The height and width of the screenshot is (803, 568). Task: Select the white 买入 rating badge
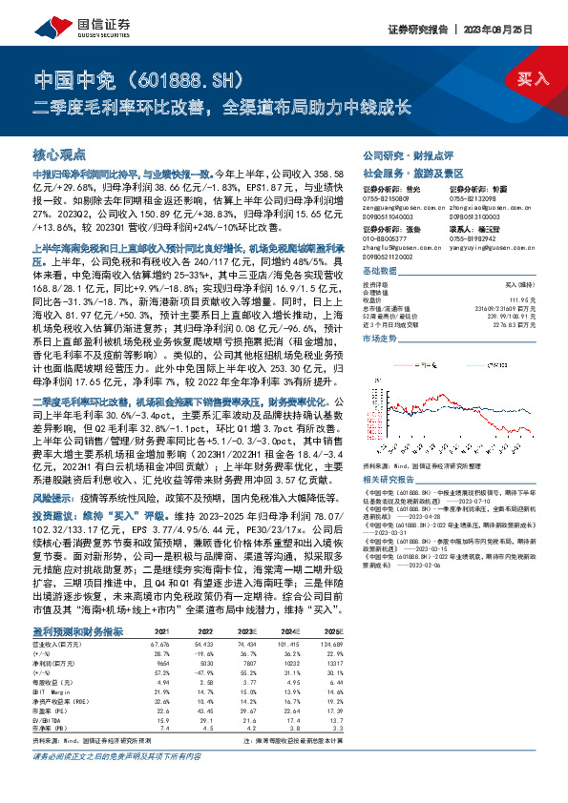coord(534,78)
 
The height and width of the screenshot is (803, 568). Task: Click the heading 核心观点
coord(60,154)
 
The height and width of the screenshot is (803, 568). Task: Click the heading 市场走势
coord(380,339)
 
